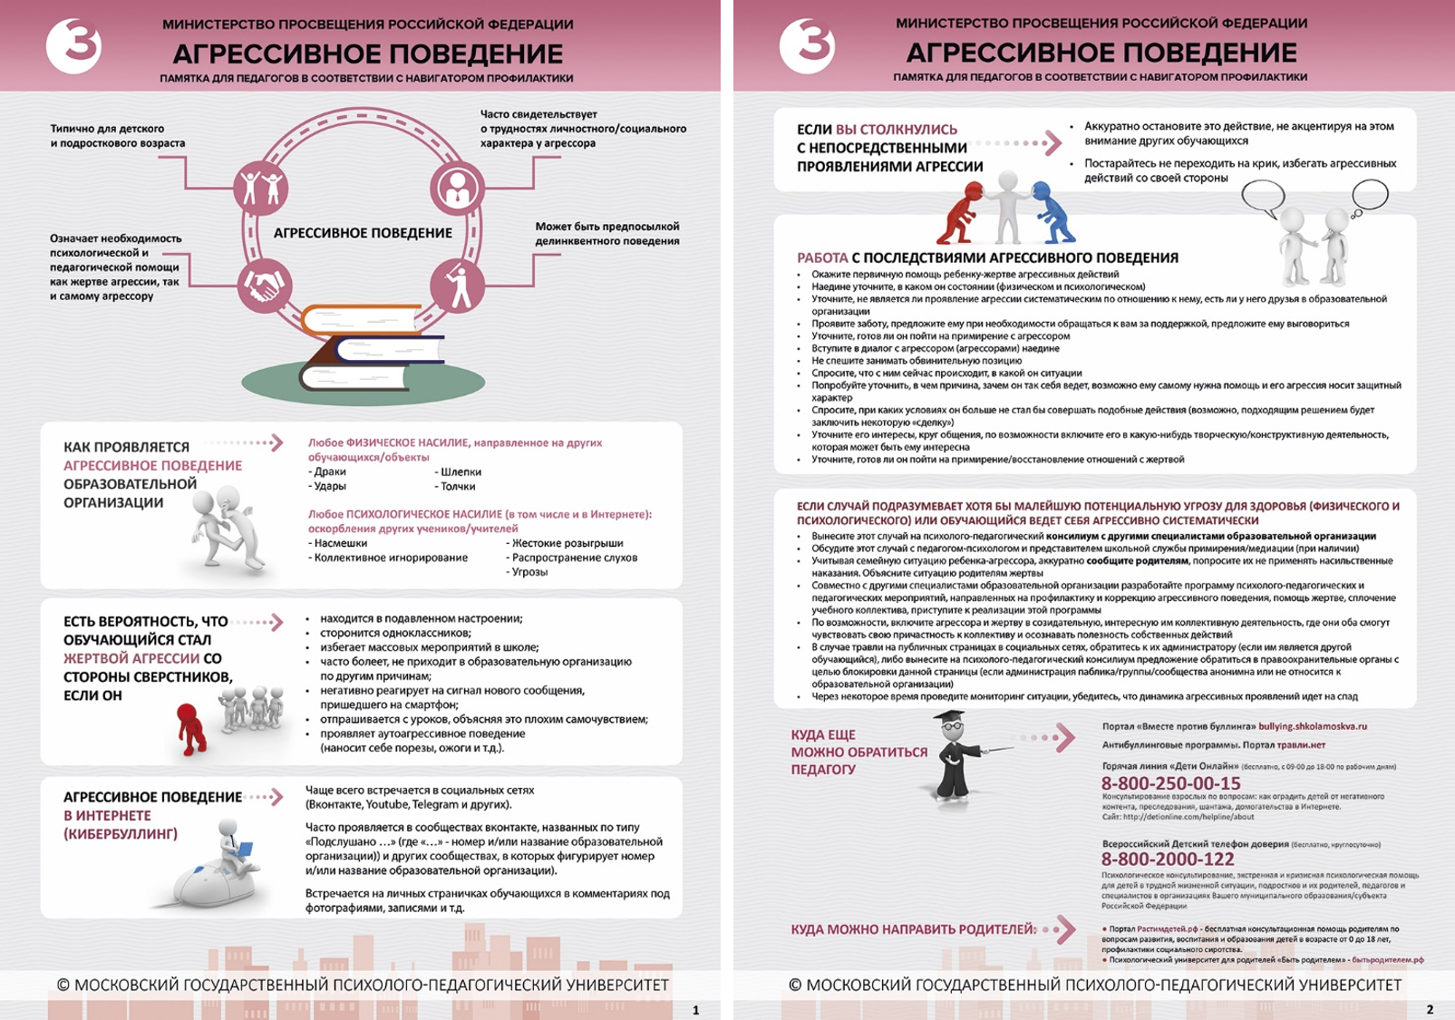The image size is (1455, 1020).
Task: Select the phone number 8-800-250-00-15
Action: (1170, 783)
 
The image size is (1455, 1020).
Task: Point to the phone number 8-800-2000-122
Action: (1168, 859)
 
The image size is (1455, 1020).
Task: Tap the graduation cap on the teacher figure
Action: (950, 719)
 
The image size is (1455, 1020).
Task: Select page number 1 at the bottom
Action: (695, 1010)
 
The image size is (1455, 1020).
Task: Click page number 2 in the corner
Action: (1430, 1010)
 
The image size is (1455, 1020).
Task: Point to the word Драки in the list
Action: (327, 472)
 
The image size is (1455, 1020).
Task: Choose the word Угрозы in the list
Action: (530, 572)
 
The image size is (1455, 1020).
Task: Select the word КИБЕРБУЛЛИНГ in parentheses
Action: (121, 834)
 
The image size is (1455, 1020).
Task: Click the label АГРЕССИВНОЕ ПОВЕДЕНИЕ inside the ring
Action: (363, 233)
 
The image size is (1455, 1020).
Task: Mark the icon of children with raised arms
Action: (261, 189)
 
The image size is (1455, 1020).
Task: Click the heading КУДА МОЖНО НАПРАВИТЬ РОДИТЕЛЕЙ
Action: (913, 929)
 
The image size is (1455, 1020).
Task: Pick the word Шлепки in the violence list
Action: (461, 472)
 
